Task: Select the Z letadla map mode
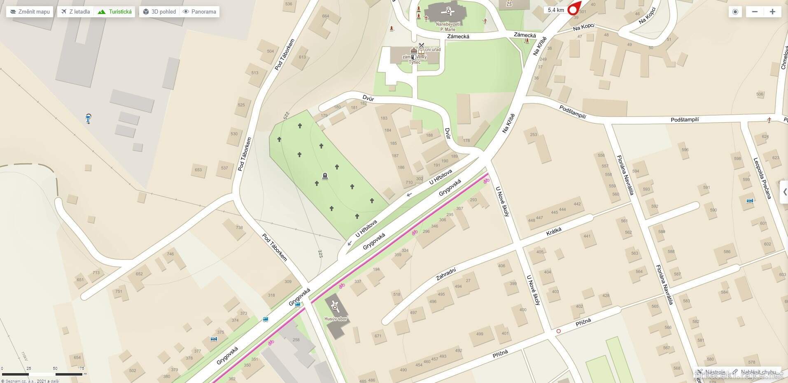click(x=75, y=12)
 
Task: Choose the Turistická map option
click(x=115, y=12)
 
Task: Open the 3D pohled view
click(x=159, y=12)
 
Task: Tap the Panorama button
click(x=200, y=12)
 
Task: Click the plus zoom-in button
click(x=772, y=12)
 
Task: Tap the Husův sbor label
click(x=336, y=319)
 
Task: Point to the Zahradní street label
click(x=446, y=274)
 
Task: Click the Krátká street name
click(x=554, y=232)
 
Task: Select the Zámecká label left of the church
click(x=458, y=37)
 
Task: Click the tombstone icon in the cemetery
click(x=325, y=176)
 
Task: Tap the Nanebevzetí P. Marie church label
click(x=448, y=27)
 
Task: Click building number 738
click(x=239, y=227)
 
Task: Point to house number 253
click(x=534, y=135)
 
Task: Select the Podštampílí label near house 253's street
click(x=572, y=111)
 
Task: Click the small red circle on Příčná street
click(x=559, y=331)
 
